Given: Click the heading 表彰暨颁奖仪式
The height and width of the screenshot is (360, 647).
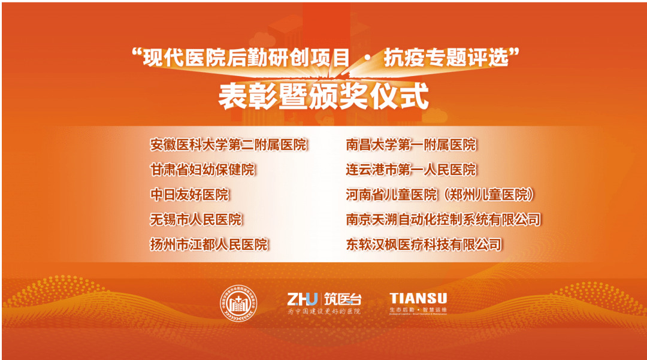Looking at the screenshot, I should coord(323,96).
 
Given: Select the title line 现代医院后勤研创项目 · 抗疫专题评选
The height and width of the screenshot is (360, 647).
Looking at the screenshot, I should coord(323,58).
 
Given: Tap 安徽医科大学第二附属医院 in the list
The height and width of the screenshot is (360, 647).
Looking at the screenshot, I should coord(228,145).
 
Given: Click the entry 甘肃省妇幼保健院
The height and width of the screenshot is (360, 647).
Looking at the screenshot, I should coord(202,170).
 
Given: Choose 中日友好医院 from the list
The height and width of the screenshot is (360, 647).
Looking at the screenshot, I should coord(189,195).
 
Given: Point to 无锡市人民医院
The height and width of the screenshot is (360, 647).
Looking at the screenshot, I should coord(196,220).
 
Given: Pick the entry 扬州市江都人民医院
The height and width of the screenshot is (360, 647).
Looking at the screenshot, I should coord(209,244).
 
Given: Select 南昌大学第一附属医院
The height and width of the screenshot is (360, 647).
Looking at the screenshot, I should coord(411,145).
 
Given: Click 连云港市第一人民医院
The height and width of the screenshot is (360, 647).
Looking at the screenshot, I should coord(411,170).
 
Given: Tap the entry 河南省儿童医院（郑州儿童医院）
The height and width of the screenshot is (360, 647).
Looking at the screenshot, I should coord(440,195).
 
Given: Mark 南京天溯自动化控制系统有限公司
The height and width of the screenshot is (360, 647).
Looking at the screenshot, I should coord(443,220).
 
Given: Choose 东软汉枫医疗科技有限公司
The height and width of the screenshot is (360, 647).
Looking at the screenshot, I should coord(424,244).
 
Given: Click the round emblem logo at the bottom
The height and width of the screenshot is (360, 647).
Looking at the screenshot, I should coord(237,304).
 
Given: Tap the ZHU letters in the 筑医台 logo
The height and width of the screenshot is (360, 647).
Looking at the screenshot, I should coord(302,298).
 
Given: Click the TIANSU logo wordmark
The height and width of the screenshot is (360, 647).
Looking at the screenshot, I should coord(418,298).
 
